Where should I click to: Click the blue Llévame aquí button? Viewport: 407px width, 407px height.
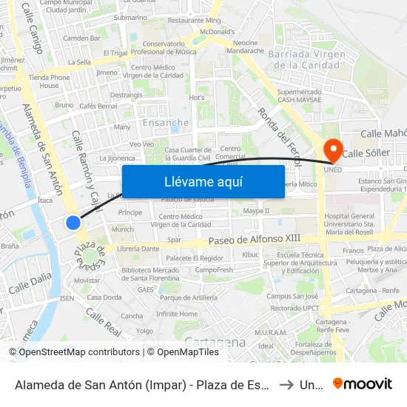(x=203, y=181)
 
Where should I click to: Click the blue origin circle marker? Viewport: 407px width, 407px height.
(x=73, y=222)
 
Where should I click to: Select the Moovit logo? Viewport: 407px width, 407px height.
(x=363, y=384)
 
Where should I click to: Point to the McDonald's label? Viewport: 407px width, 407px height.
(x=217, y=32)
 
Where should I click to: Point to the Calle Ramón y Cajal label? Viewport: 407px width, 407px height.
(x=86, y=170)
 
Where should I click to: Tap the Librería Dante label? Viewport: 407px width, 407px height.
(x=139, y=249)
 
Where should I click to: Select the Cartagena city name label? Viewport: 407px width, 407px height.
(x=215, y=342)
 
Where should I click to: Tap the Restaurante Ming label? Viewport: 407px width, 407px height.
(x=194, y=20)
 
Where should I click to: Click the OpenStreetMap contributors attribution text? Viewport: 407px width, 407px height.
(x=74, y=352)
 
